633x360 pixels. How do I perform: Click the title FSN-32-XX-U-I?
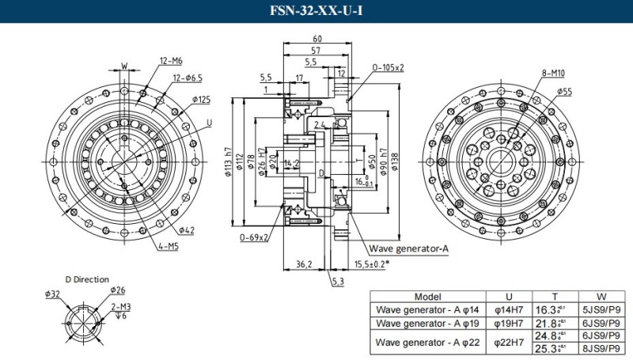click(x=316, y=11)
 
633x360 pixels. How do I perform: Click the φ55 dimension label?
click(x=564, y=92)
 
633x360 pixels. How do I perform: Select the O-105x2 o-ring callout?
click(x=388, y=68)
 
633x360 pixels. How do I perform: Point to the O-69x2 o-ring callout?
click(x=255, y=237)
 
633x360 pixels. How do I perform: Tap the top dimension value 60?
click(x=317, y=39)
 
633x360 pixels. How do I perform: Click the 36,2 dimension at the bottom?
click(x=303, y=263)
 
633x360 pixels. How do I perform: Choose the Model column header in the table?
click(x=427, y=296)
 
